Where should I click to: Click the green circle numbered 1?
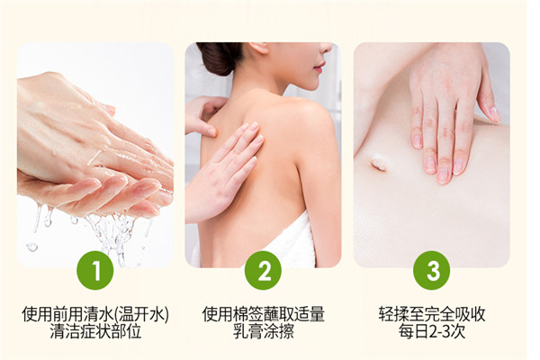95,270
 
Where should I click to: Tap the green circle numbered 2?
263,270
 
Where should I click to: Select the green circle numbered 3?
431,270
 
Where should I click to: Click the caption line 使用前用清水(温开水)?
95,314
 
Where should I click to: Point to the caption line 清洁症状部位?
95,332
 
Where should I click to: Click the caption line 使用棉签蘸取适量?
264,314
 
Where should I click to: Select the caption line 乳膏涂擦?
264,332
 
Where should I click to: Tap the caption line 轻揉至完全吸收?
432,314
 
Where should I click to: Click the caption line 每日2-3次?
432,332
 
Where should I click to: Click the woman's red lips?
319,66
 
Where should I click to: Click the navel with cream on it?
378,162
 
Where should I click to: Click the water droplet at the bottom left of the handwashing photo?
31,247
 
